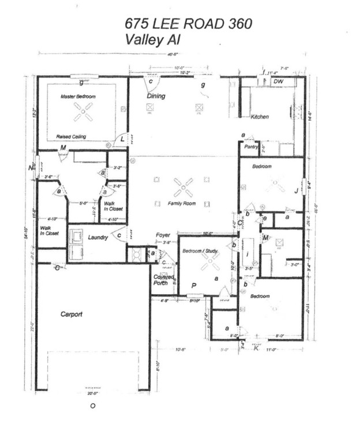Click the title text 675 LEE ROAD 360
[188, 24]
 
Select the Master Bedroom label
[78, 97]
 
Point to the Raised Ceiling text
[71, 137]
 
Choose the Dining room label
[156, 96]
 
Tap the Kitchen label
[260, 117]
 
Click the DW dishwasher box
[279, 82]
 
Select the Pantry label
[250, 147]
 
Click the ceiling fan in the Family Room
[183, 186]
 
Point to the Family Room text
[182, 204]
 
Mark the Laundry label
[99, 237]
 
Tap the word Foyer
[163, 235]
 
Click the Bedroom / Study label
[200, 251]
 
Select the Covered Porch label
[163, 280]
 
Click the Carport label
[72, 314]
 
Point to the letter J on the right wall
[296, 190]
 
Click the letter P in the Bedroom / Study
[194, 285]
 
